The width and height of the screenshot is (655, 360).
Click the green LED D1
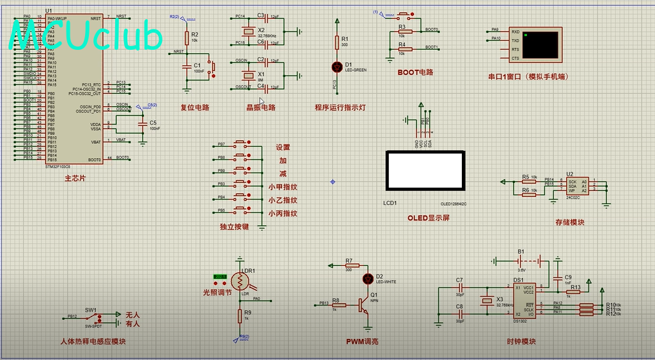pos(337,67)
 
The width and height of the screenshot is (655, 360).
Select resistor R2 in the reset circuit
pos(186,38)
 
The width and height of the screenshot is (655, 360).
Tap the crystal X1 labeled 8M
pos(244,74)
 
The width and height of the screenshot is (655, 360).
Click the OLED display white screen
pos(424,171)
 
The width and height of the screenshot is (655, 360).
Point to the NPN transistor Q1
pos(363,305)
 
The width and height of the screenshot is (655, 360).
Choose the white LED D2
pos(368,278)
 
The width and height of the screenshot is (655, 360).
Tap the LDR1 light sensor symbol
pos(241,281)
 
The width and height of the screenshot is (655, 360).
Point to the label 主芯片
pos(75,178)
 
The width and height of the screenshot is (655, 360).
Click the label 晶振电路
pos(261,107)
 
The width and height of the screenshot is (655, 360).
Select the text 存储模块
pos(569,223)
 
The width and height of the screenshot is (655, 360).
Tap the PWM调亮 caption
pos(362,341)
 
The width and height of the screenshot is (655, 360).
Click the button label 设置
pos(283,148)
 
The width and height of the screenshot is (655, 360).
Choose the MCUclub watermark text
pos(86,36)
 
